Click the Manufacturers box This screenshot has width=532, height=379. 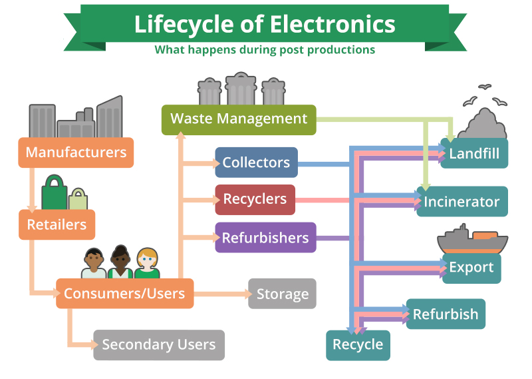coord(76,153)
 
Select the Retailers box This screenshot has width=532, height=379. coord(57,224)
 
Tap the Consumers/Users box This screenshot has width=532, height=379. coord(124,294)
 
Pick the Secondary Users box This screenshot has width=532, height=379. coord(159,345)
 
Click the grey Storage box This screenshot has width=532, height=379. coord(282,294)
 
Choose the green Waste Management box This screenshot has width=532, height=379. coord(239,119)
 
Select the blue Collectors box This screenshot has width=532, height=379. coord(256,163)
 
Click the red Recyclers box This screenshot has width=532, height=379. coord(255,199)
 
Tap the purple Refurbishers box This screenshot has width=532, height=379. coord(265,238)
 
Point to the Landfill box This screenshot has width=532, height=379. coord(474,153)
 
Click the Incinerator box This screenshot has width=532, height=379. coord(462,201)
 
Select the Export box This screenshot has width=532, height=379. coord(471,268)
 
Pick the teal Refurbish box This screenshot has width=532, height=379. coord(446,314)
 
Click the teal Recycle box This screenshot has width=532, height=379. coord(358,345)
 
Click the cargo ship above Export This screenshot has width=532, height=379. coord(472,239)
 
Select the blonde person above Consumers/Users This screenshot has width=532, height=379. coord(147,264)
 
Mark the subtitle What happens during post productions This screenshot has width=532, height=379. coord(265,50)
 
